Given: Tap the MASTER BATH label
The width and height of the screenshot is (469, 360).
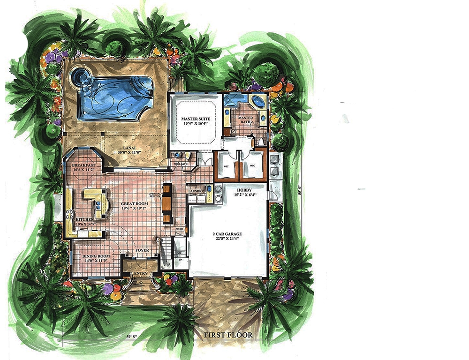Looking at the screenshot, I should click(246, 118).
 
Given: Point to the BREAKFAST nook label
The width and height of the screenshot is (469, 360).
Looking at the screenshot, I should click(83, 165).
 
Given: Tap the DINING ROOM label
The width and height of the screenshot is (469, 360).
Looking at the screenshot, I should click(96, 256).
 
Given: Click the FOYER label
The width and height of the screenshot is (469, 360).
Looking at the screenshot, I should click(142, 251).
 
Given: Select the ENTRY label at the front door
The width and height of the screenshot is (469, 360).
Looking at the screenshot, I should click(140, 274).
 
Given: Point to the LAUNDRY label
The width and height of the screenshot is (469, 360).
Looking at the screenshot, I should click(195, 191).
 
